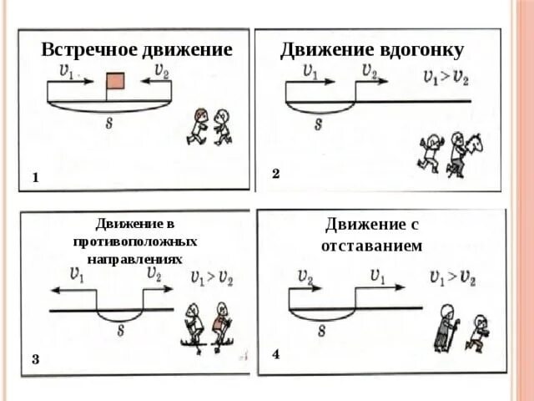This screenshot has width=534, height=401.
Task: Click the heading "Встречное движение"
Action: [x=137, y=49]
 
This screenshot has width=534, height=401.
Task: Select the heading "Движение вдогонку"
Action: [x=371, y=49]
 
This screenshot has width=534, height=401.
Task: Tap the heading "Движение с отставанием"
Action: [x=371, y=235]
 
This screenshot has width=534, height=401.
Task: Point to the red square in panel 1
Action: [x=115, y=81]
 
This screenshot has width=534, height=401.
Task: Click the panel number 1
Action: [x=36, y=178]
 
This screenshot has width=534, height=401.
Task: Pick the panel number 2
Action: [x=275, y=174]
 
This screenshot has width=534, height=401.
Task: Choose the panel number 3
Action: [x=36, y=360]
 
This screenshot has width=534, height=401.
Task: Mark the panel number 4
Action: [x=275, y=354]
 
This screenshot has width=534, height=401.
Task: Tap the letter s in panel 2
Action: [x=319, y=124]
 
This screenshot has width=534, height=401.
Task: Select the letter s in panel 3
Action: [x=121, y=330]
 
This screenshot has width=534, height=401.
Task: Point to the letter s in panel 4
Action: [x=321, y=330]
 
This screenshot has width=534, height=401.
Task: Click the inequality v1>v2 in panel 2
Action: [x=445, y=79]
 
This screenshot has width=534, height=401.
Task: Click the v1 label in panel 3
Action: [x=80, y=273]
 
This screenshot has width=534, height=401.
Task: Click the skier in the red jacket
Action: [x=221, y=326]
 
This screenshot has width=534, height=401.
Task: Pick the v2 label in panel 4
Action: [x=305, y=276]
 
